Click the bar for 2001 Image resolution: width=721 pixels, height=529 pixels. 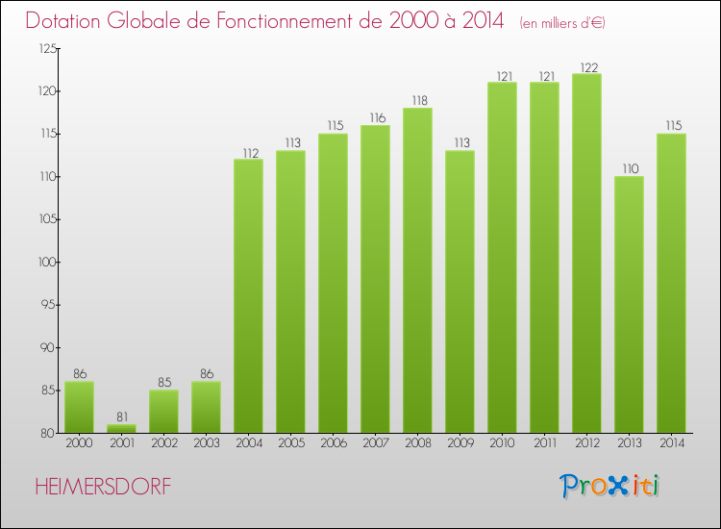pos(121,429)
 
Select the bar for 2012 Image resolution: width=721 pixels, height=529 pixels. pos(586,253)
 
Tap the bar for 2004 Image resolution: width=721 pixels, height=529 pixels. pos(248,296)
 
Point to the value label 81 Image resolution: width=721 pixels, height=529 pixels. pos(121,417)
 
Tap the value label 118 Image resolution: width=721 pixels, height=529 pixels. pos(417,101)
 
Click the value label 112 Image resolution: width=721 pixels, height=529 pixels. pos(248,152)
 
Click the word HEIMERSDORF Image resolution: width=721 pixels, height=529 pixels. pos(103,487)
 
